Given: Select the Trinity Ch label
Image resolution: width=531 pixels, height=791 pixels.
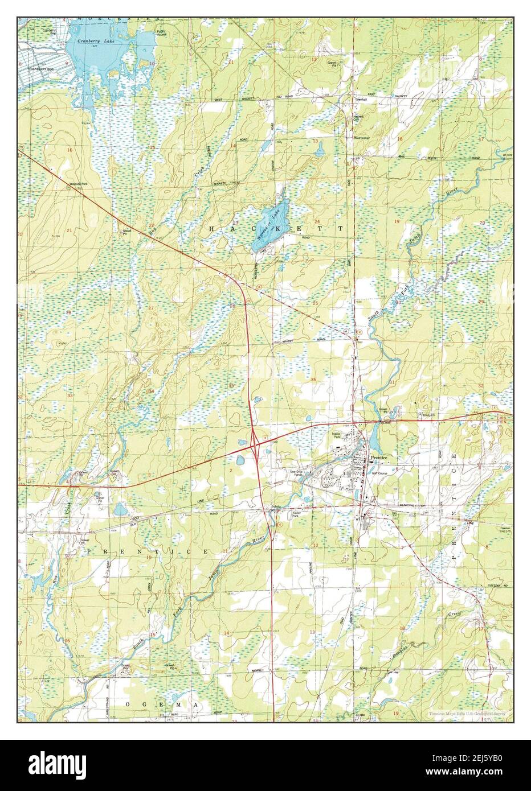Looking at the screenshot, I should click(428, 416).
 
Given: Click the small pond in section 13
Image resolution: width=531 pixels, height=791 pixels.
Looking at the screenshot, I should click(319, 150).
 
